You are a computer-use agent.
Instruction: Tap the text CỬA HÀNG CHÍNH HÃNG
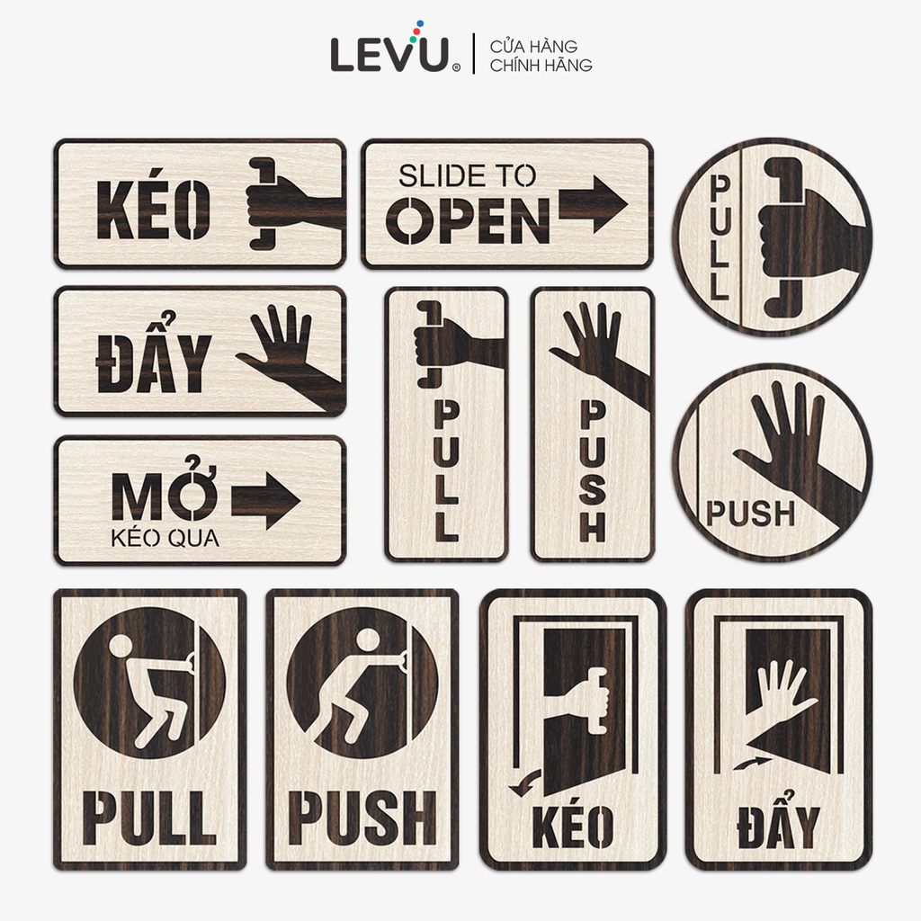(541, 55)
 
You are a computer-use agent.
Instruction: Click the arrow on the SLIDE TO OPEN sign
(593, 204)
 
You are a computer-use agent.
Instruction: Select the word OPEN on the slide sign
(468, 221)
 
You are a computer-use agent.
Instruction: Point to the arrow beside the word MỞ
(265, 500)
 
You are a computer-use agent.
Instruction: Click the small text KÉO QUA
(165, 538)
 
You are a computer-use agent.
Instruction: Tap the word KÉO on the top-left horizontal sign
(153, 209)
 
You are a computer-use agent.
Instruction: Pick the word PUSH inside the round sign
(751, 514)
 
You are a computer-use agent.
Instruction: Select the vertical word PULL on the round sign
(720, 237)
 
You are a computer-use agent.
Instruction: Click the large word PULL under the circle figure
(149, 817)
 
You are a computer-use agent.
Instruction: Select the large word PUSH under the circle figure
(362, 817)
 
